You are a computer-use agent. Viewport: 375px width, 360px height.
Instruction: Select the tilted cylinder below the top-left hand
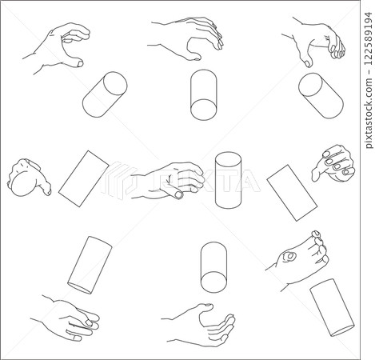point(105,93)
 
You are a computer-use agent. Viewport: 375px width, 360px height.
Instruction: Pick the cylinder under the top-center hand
point(203,94)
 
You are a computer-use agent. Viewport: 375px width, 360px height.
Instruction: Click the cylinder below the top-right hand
point(321,94)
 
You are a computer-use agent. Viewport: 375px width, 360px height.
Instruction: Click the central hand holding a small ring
point(168,181)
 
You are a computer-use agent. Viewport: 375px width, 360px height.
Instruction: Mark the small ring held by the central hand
point(178,192)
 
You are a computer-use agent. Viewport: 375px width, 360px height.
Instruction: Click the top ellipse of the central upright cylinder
point(228,158)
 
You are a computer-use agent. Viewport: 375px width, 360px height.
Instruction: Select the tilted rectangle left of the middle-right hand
point(292,193)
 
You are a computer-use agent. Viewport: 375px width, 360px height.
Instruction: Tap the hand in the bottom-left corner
point(70,318)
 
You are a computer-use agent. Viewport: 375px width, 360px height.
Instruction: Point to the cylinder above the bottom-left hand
point(89,264)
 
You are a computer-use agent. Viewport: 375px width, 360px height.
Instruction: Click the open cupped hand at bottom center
point(204,324)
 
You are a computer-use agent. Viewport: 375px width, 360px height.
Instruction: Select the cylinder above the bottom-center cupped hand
point(214,266)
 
